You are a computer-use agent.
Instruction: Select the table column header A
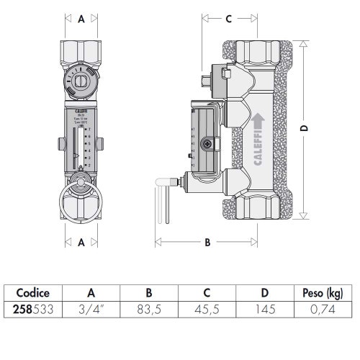pyautogui.click(x=91, y=293)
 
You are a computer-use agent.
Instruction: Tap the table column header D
pyautogui.click(x=264, y=293)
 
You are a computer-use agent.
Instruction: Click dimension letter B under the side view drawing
pyautogui.click(x=207, y=243)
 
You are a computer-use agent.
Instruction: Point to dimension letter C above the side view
pyautogui.click(x=228, y=19)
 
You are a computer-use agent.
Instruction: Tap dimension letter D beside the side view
pyautogui.click(x=305, y=127)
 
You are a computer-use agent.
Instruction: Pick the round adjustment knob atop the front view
pyautogui.click(x=82, y=80)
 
